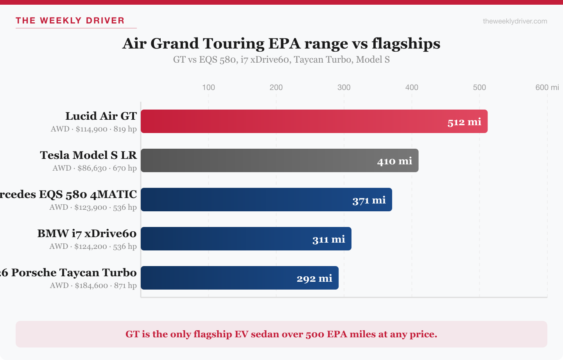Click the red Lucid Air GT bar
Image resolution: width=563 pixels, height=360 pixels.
293,121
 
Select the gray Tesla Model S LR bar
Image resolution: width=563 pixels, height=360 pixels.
258,160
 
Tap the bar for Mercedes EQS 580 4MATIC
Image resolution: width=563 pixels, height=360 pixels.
246,200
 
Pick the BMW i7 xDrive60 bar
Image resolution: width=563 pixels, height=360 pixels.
227,239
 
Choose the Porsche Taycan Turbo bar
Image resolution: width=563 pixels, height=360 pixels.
219,278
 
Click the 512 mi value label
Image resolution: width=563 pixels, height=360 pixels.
464,122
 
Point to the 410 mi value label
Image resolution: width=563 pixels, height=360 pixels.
394,161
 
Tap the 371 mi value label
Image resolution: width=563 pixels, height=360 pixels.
369,200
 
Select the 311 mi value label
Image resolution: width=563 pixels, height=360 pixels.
328,239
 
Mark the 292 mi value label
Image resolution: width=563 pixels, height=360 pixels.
314,279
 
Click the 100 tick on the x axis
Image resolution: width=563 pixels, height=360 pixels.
208,87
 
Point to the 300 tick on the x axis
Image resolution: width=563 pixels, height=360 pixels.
344,87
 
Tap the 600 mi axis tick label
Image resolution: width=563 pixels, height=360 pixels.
547,87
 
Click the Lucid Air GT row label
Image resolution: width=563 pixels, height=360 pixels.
101,116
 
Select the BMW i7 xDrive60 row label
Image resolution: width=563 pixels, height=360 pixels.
87,234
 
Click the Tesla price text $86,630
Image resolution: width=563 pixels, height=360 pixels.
92,168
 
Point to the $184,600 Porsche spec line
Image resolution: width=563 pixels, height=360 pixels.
93,286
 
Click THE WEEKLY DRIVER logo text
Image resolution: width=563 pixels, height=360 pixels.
70,21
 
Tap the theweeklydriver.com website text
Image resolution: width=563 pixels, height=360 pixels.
515,21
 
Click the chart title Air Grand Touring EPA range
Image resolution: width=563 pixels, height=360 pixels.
281,43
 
